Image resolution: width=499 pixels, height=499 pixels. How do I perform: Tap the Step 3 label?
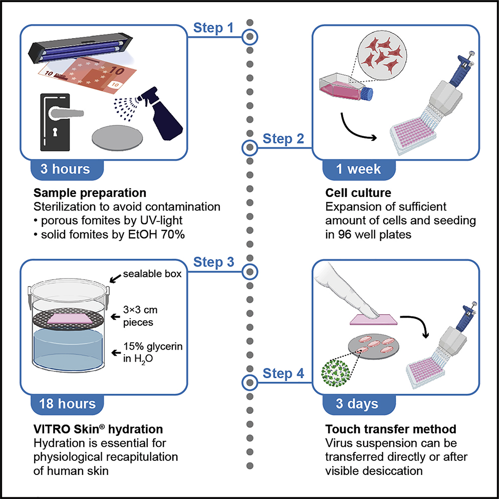[x=213, y=262]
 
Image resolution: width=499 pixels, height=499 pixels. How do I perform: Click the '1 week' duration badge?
[x=358, y=168]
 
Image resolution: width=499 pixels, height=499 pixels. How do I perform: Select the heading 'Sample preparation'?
[x=90, y=193]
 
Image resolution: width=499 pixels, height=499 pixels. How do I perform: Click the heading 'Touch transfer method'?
[x=383, y=429]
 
